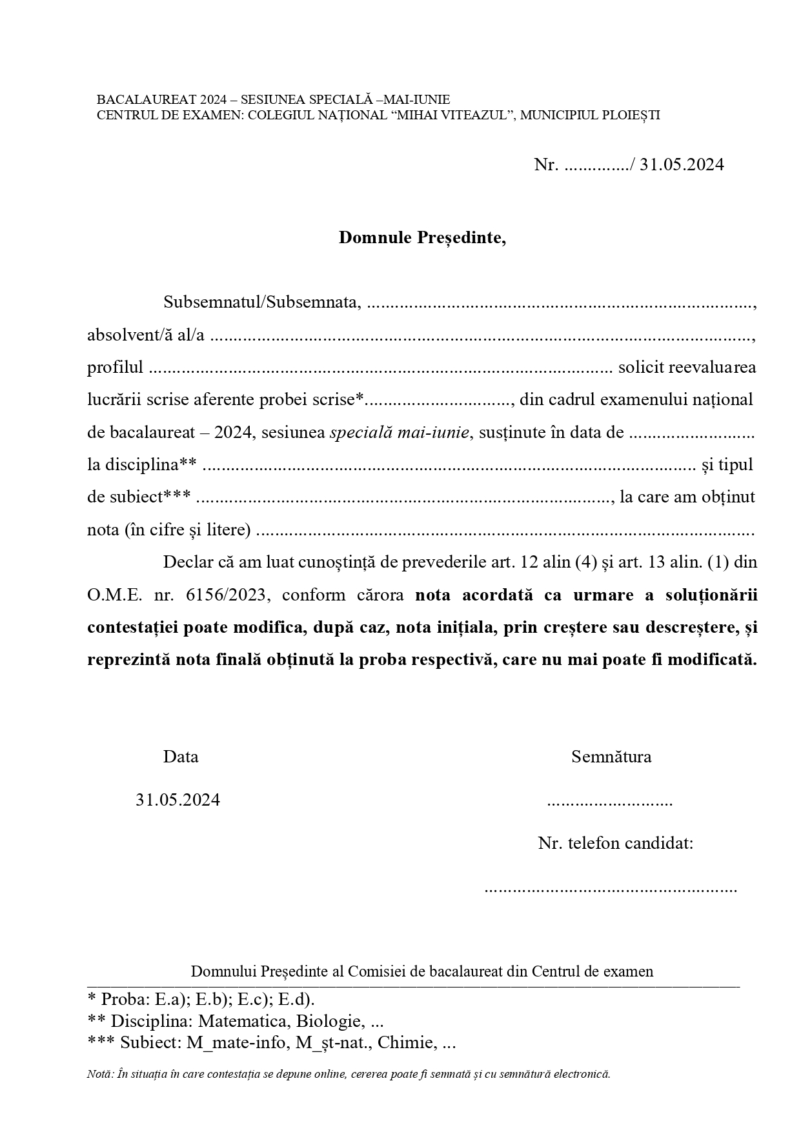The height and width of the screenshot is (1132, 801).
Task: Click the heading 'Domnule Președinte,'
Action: tap(423, 237)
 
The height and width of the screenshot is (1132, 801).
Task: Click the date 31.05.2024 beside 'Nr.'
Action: tap(682, 164)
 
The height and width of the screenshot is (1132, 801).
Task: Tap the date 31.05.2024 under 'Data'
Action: tap(177, 800)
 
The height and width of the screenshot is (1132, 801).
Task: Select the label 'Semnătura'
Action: tap(611, 757)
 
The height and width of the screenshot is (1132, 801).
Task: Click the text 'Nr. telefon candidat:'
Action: tap(616, 843)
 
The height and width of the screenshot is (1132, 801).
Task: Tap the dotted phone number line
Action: tap(610, 889)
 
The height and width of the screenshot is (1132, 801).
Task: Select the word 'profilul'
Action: tap(115, 367)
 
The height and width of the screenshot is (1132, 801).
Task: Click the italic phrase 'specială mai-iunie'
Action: tap(399, 432)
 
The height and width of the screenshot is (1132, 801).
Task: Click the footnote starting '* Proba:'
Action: tap(201, 999)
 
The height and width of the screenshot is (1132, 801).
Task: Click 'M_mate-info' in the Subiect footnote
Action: tap(237, 1043)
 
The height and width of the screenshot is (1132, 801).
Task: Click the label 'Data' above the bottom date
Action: tap(181, 757)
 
